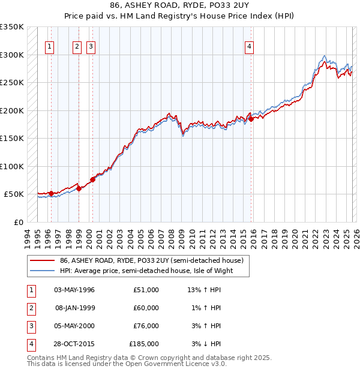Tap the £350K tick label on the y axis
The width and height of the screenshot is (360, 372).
pos(12,27)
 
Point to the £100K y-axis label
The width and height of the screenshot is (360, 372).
pos(12,166)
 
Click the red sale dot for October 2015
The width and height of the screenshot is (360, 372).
pos(251,119)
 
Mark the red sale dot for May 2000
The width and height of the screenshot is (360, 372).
pos(93,179)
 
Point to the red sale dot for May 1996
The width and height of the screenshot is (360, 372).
pos(52,193)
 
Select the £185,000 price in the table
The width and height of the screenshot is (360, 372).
pos(144,344)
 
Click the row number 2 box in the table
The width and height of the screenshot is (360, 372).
pos(31,308)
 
